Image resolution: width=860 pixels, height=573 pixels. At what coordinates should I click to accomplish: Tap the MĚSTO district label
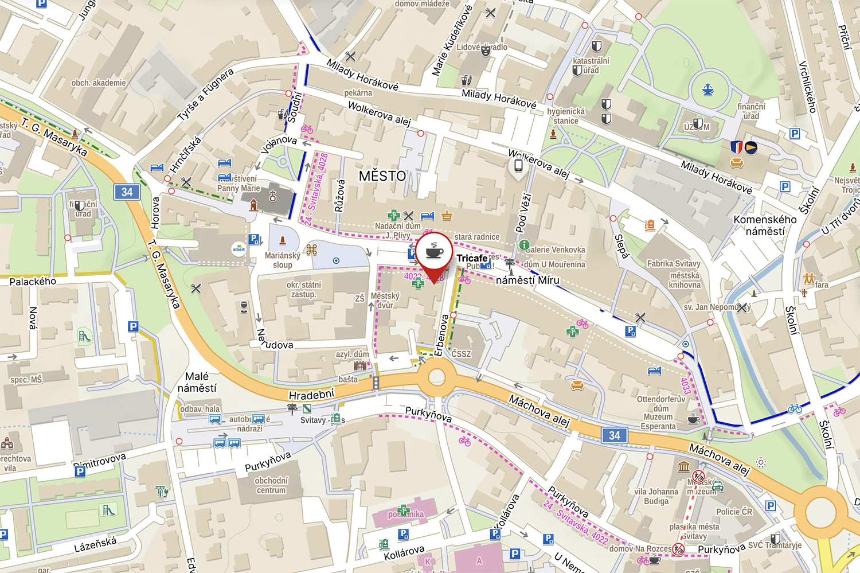pyautogui.click(x=382, y=176)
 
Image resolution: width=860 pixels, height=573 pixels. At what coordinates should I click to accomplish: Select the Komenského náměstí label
pyautogui.click(x=765, y=225)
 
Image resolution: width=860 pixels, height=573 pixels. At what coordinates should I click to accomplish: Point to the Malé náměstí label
pyautogui.click(x=197, y=382)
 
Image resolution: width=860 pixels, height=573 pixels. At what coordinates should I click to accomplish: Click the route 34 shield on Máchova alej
pyautogui.click(x=614, y=435)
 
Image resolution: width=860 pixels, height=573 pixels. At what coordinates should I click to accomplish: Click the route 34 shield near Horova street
pyautogui.click(x=127, y=192)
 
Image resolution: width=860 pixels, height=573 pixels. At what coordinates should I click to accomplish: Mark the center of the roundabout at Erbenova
pyautogui.click(x=436, y=377)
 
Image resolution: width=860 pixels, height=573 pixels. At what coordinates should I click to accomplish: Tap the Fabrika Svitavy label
pyautogui.click(x=674, y=264)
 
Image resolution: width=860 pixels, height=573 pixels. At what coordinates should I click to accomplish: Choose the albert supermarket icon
pyautogui.click(x=239, y=248)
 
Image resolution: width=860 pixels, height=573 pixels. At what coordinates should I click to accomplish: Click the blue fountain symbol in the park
pyautogui.click(x=708, y=89)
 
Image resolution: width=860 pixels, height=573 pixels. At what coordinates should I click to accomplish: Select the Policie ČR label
pyautogui.click(x=734, y=512)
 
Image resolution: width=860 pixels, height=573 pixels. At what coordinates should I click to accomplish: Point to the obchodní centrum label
pyautogui.click(x=271, y=485)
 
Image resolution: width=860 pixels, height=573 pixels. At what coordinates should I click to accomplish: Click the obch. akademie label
pyautogui.click(x=99, y=83)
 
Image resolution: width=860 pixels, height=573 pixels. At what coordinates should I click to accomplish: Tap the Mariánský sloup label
pyautogui.click(x=282, y=260)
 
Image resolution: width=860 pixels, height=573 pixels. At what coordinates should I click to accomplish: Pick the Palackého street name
pyautogui.click(x=33, y=282)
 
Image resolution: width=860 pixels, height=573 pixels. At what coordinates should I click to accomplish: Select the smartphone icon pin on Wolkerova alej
pyautogui.click(x=518, y=166)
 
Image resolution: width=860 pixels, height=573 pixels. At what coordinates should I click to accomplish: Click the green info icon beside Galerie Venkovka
pyautogui.click(x=524, y=245)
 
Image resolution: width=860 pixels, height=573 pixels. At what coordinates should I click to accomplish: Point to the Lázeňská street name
pyautogui.click(x=95, y=544)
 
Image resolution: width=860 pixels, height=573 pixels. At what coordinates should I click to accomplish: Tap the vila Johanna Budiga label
pyautogui.click(x=656, y=496)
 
